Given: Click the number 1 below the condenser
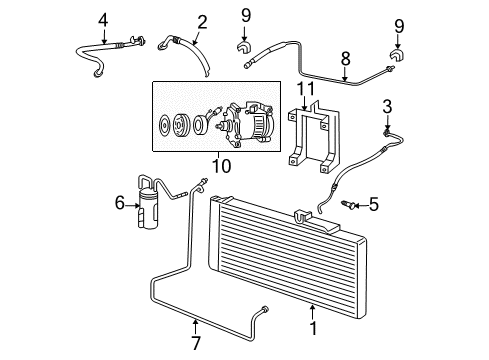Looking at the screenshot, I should (313, 325).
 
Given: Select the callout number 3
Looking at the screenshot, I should (388, 106).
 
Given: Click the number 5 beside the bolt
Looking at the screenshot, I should (373, 205).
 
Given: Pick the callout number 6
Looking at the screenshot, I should (120, 204).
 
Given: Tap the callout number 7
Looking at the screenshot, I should (195, 324).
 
